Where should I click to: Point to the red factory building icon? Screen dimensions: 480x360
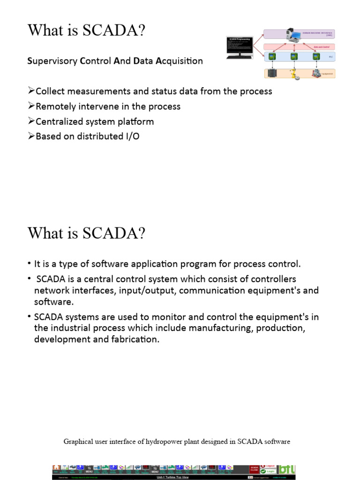317,73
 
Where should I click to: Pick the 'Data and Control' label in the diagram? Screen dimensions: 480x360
321,47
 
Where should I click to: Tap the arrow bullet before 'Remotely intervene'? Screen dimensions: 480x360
31,106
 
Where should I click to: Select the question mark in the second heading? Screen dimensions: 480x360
142,233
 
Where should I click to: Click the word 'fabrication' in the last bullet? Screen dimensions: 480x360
136,339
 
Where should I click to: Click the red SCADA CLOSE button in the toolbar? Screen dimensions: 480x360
255,469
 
